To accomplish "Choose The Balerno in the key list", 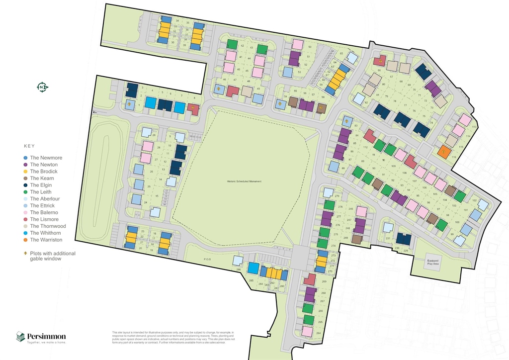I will pos(44,212).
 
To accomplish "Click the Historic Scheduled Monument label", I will pos(244,181).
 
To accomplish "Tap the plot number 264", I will pos(319,333).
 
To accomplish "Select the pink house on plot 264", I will pos(308,331).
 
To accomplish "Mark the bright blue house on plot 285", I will pos(254,269).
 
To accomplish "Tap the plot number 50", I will pos(310,47).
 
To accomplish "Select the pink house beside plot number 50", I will pos(297,44).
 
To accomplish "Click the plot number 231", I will pos(388,239).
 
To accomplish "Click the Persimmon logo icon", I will pos(20,337).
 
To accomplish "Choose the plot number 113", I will pos(474,127).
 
